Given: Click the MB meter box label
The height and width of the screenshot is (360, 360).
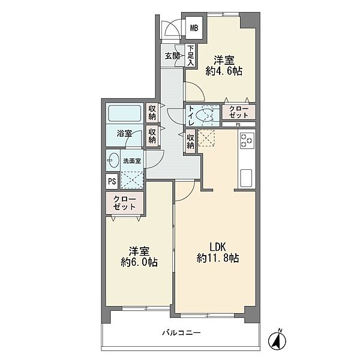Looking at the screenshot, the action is pyautogui.click(x=194, y=28).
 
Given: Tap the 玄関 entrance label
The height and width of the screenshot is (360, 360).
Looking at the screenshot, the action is pyautogui.click(x=173, y=56).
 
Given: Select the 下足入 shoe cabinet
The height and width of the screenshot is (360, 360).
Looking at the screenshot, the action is pyautogui.click(x=190, y=56).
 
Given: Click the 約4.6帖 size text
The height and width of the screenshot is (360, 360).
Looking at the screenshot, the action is pyautogui.click(x=224, y=71).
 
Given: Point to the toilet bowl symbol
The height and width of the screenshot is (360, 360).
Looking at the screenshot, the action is pyautogui.click(x=205, y=115).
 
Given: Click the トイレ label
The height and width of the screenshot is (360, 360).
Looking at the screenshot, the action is pyautogui.click(x=191, y=116).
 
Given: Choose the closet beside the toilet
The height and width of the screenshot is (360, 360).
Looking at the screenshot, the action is pyautogui.click(x=239, y=112).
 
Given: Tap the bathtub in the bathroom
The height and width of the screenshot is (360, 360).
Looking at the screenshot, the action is pyautogui.click(x=124, y=113).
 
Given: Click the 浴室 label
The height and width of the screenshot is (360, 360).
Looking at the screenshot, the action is pyautogui.click(x=124, y=133).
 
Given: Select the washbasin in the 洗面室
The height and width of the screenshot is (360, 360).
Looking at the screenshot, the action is pyautogui.click(x=113, y=160).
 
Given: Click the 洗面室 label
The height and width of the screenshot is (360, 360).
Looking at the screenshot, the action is pyautogui.click(x=132, y=161).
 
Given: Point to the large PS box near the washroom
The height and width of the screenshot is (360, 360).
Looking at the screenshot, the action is pyautogui.click(x=112, y=181).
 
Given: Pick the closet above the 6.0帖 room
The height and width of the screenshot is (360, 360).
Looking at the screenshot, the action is pyautogui.click(x=125, y=203).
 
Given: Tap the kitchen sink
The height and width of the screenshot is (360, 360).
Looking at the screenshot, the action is pyautogui.click(x=246, y=178).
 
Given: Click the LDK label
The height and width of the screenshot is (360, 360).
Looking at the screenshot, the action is pyautogui.click(x=217, y=247).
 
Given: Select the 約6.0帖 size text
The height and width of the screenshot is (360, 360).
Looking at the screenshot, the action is pyautogui.click(x=139, y=262).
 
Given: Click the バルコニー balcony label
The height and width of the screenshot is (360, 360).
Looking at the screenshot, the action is pyautogui.click(x=182, y=332).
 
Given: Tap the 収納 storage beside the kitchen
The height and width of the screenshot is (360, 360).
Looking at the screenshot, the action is pyautogui.click(x=190, y=141).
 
